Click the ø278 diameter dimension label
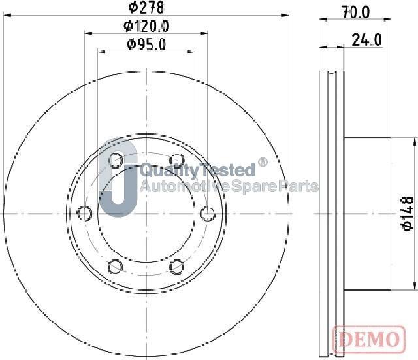[146, 8]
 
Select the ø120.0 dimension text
[146, 26]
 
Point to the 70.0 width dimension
[356, 11]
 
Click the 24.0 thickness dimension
[366, 40]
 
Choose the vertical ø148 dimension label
[408, 213]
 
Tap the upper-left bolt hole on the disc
[116, 160]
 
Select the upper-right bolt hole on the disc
[176, 160]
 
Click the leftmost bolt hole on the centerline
[84, 213]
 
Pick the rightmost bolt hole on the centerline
[207, 213]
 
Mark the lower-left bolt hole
[116, 266]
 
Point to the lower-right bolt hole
[176, 266]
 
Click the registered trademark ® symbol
[263, 162]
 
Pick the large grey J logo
[118, 180]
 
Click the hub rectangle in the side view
[367, 213]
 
